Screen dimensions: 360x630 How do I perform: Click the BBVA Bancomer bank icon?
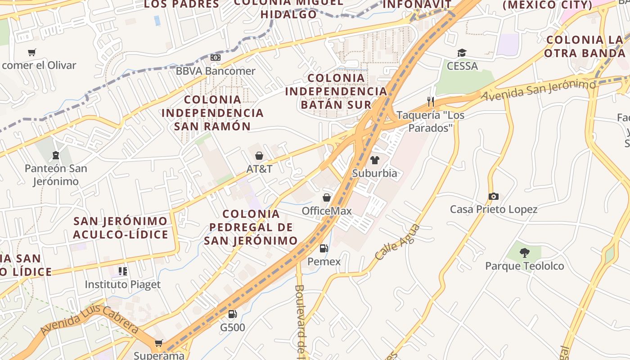click(216, 58)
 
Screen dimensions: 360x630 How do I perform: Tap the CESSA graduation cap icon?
click(462, 53)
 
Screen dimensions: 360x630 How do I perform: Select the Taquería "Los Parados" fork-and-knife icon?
click(431, 102)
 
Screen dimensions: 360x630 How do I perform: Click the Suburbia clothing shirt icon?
click(374, 160)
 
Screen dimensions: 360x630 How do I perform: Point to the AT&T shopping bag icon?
click(259, 156)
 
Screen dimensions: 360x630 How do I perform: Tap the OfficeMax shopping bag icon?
click(327, 198)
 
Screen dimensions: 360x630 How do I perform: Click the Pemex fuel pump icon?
click(324, 248)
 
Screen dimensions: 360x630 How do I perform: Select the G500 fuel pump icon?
click(232, 314)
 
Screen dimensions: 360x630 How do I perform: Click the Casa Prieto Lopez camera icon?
click(494, 196)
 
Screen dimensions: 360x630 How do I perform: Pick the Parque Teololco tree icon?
click(524, 252)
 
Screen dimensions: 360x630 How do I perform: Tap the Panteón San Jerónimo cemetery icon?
click(56, 156)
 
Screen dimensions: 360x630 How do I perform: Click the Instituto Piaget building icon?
click(122, 271)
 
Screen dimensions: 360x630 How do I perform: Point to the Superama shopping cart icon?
click(158, 343)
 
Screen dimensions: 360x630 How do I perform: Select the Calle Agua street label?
click(397, 242)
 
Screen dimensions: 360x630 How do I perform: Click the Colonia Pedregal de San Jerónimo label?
click(251, 227)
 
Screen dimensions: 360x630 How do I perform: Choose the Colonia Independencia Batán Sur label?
click(336, 91)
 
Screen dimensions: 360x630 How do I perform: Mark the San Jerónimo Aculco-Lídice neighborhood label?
click(121, 228)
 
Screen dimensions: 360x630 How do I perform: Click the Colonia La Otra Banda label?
click(585, 46)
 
